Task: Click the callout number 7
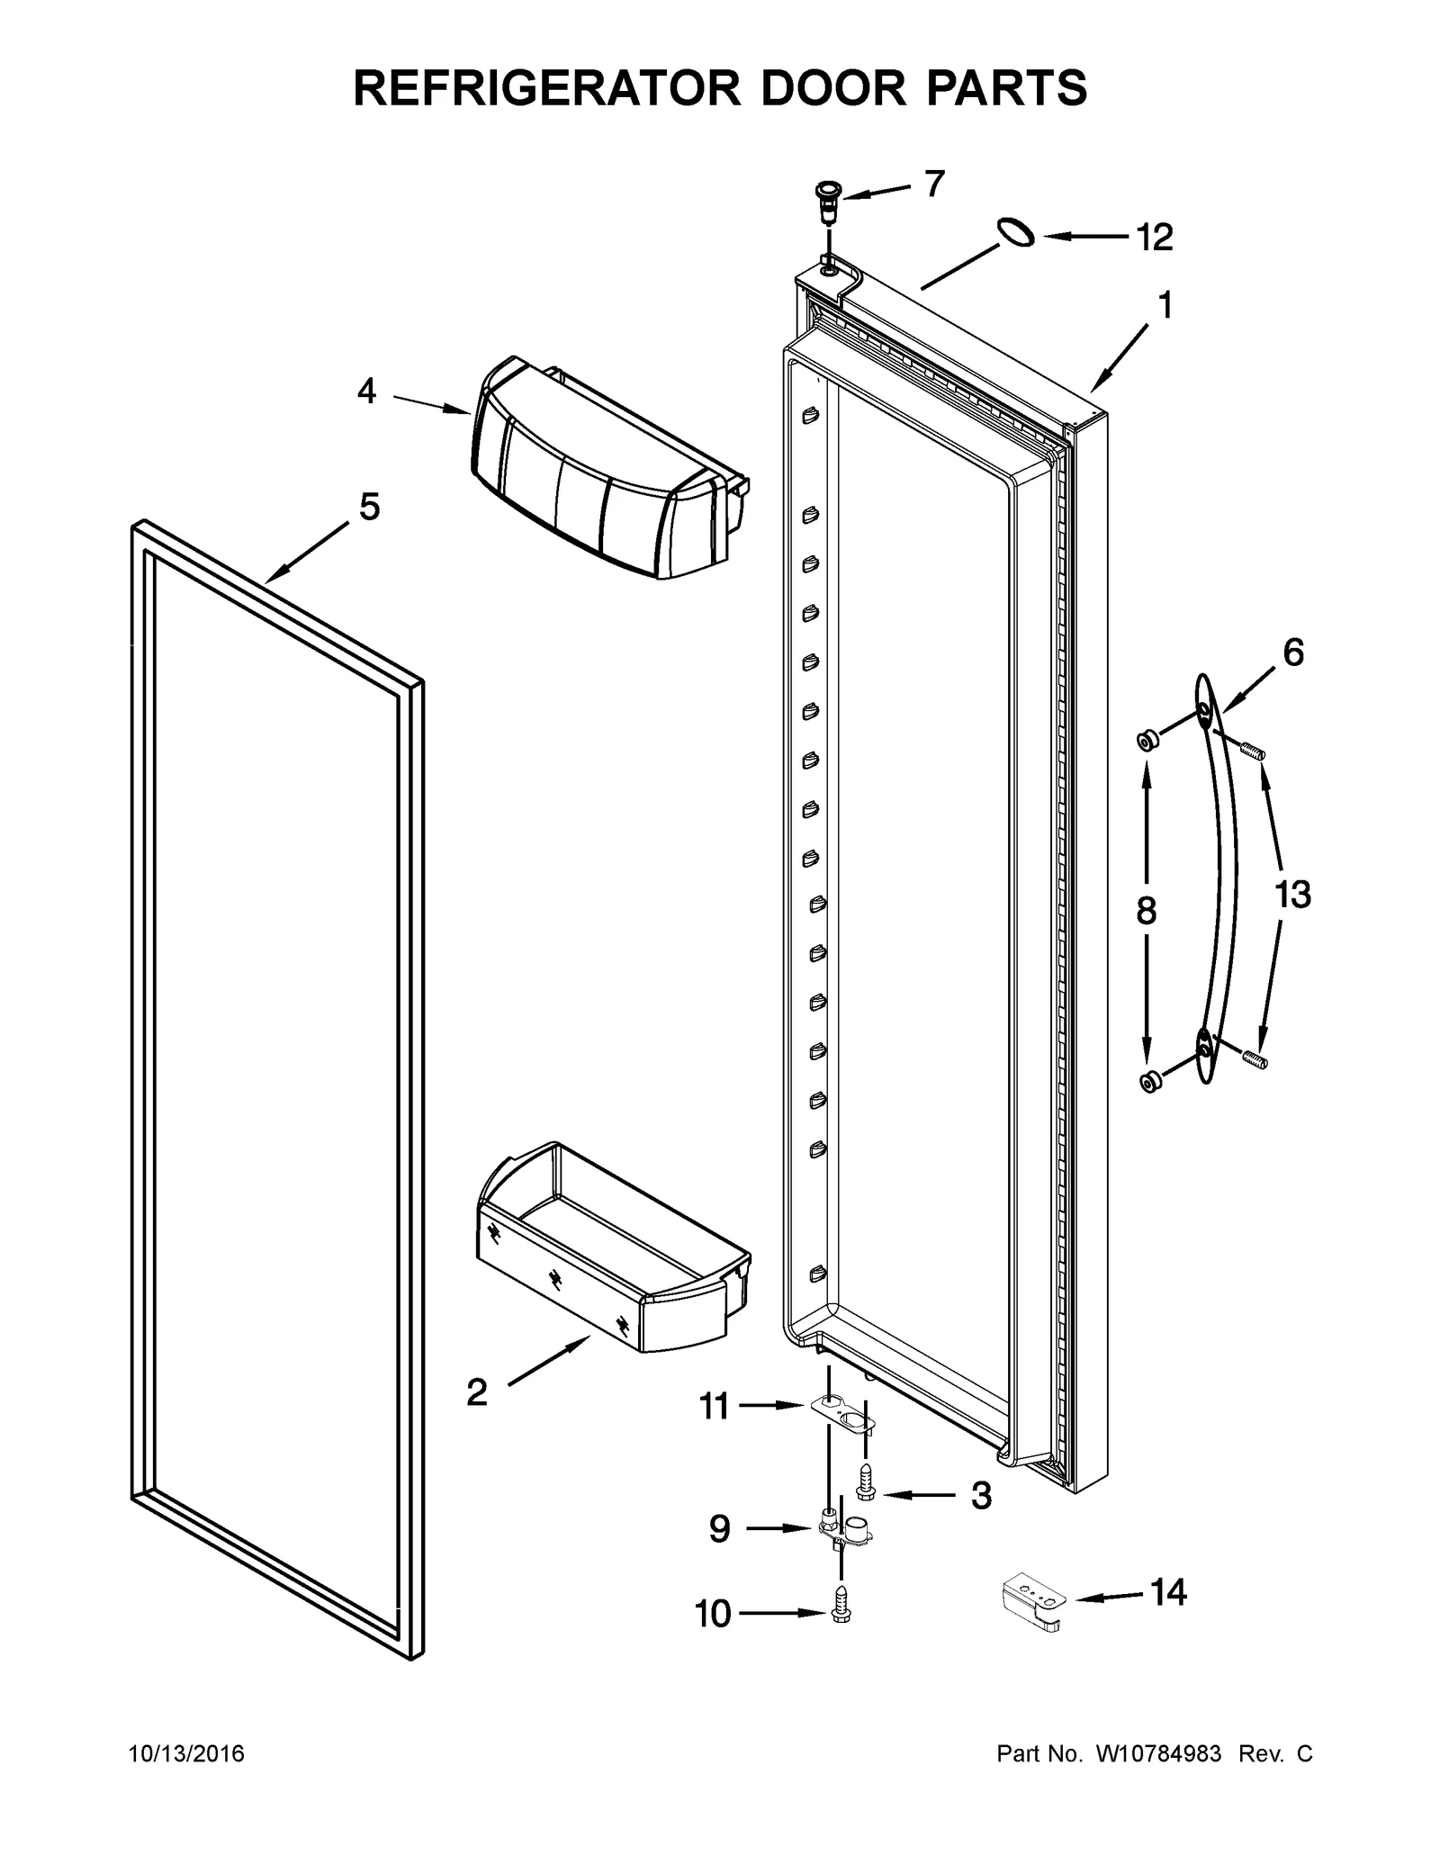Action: point(935,184)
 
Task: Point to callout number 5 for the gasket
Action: point(369,507)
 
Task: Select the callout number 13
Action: point(1292,895)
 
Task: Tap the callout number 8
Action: point(1146,911)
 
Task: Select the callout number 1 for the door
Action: point(1165,306)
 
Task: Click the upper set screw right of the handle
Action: point(1253,749)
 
